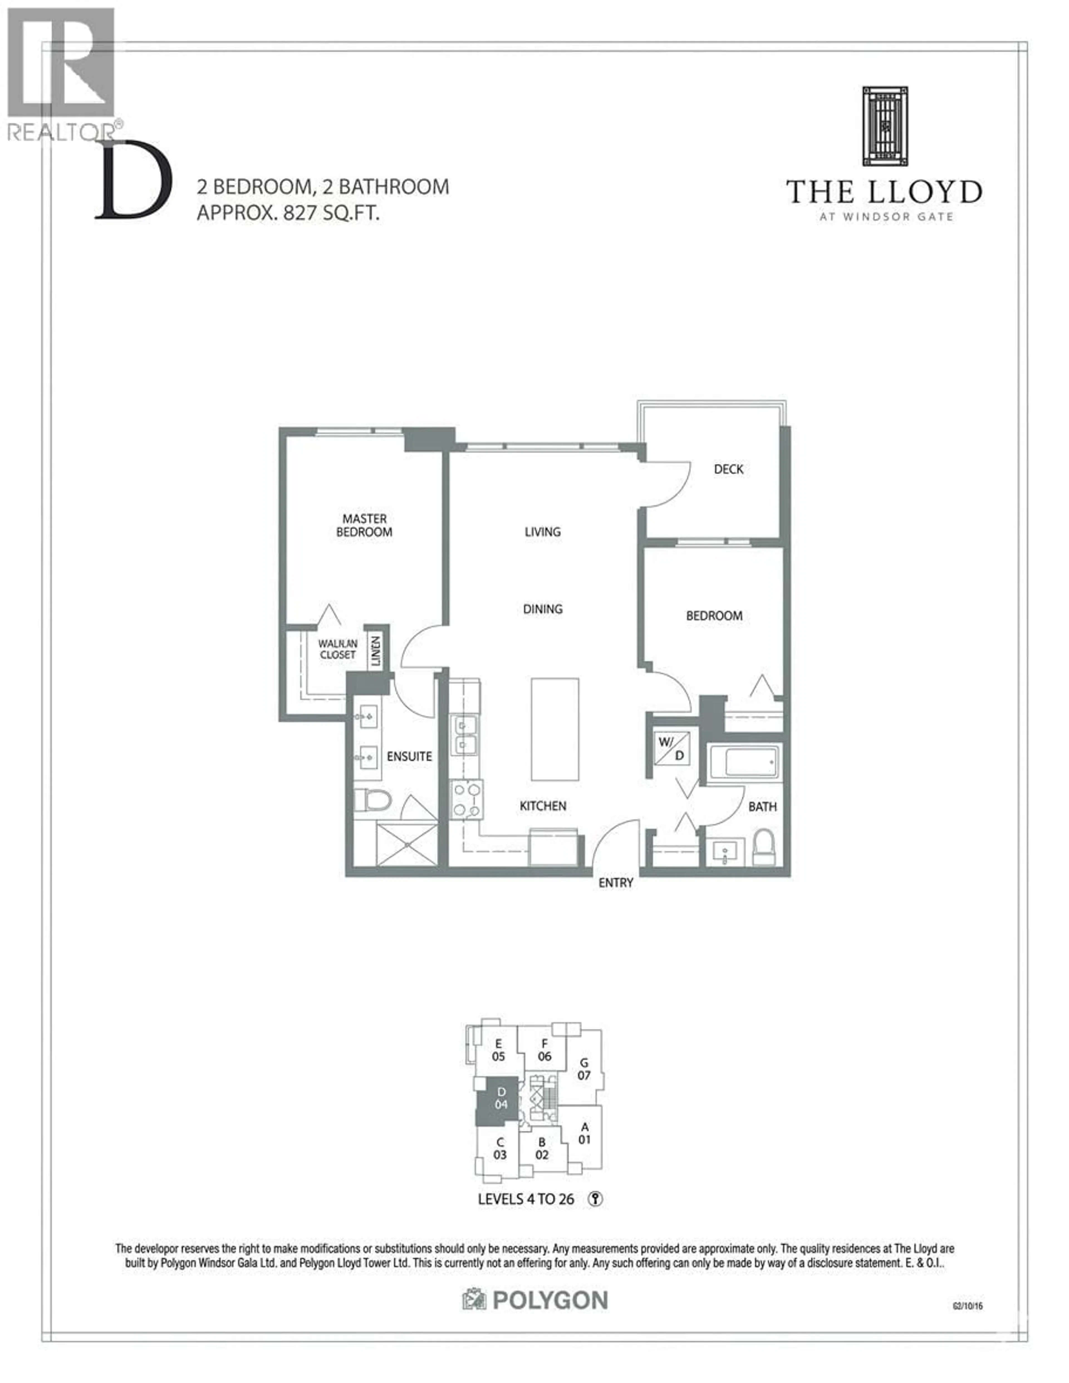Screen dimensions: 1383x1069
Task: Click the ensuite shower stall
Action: click(406, 844)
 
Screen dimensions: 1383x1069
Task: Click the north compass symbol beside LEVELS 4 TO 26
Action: click(595, 1199)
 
